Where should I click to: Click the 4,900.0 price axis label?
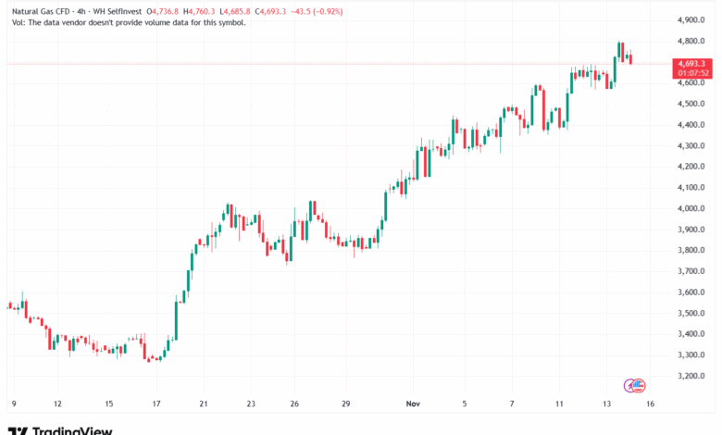(x=693, y=19)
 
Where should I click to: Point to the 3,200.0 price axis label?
(x=693, y=376)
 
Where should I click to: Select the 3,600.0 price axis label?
(x=693, y=292)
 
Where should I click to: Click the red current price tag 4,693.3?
(x=693, y=63)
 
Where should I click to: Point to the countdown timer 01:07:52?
(x=693, y=72)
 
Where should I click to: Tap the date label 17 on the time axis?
(x=157, y=404)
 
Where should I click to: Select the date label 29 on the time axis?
(x=346, y=404)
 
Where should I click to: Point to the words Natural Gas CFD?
(x=36, y=10)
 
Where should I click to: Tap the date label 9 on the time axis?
(x=13, y=404)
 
